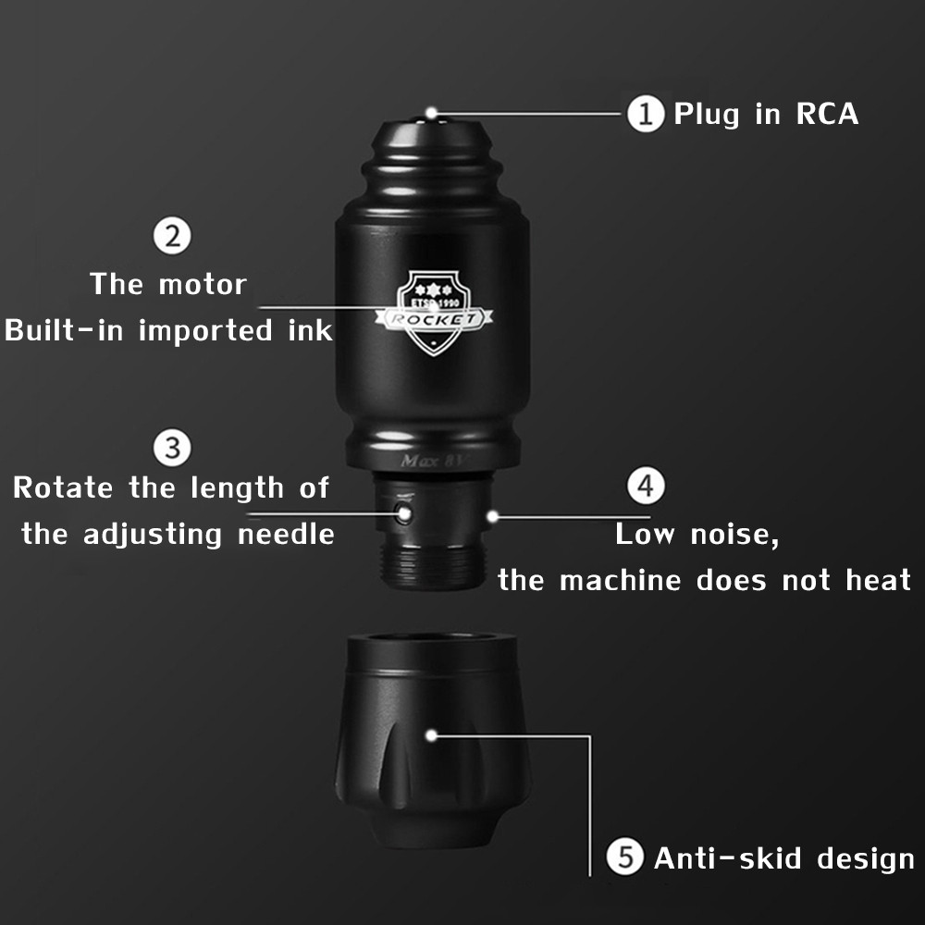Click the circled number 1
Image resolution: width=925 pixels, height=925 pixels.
[646, 113]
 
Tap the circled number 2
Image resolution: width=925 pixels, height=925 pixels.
[172, 236]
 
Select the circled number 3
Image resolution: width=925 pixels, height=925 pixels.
[172, 448]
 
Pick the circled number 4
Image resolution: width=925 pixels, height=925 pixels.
[646, 487]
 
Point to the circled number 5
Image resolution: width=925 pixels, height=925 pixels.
[625, 857]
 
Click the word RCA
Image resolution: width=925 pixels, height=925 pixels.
[827, 114]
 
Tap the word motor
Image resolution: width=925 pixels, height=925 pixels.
[203, 285]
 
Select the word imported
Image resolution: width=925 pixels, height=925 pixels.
[205, 331]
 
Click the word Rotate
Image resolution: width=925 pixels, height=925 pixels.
[63, 487]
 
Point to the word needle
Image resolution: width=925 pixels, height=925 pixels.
[286, 535]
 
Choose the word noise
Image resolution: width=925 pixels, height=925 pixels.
[734, 535]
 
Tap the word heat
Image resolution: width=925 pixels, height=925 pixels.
[879, 580]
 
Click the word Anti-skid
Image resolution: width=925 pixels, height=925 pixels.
[727, 857]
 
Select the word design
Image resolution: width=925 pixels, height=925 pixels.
[866, 859]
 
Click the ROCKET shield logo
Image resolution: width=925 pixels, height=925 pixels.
[434, 313]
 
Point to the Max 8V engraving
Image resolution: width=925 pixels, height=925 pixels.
[431, 461]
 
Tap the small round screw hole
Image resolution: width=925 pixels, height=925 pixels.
[404, 512]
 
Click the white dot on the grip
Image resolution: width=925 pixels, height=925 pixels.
[431, 735]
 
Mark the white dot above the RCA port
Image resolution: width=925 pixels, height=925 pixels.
[431, 113]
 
